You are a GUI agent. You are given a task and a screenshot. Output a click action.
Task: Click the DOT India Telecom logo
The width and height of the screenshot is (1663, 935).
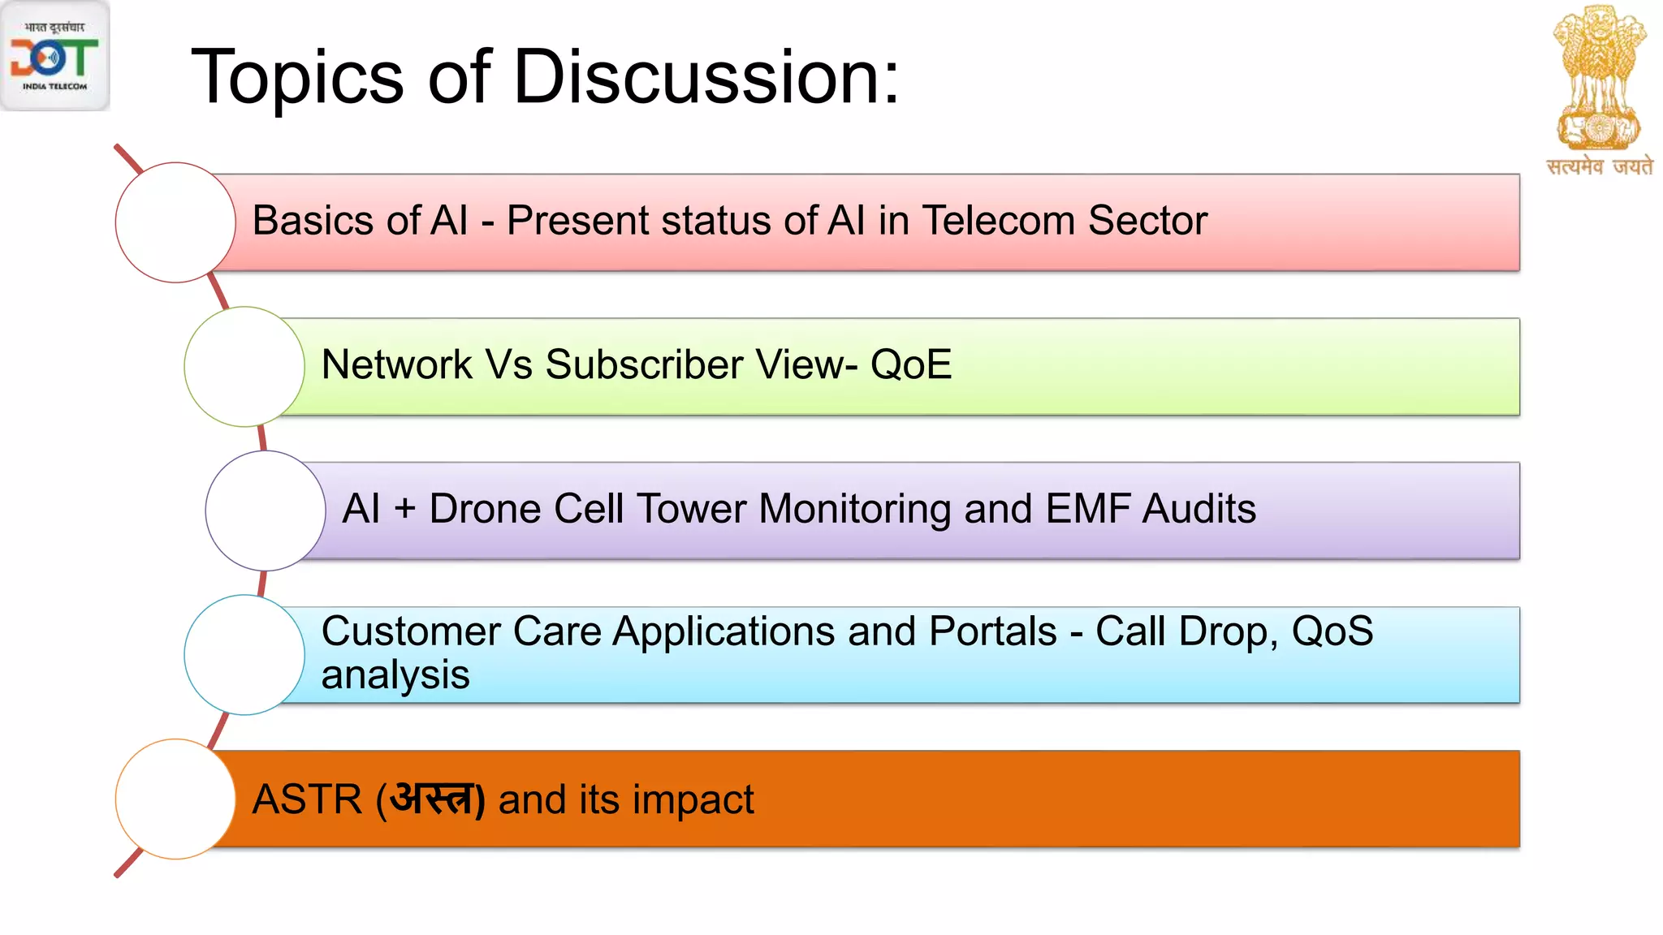coord(54,56)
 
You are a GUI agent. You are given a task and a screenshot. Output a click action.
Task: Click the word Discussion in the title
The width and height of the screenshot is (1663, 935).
coord(706,77)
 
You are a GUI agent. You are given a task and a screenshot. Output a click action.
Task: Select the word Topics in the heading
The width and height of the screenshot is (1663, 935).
coord(297,77)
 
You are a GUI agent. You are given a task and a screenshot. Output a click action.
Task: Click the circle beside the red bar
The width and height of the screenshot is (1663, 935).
coord(175,222)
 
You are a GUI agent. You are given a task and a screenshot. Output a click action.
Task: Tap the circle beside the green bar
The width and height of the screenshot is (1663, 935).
coord(244,367)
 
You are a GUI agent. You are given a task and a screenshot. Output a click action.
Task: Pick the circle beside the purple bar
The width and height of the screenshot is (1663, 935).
coord(266,511)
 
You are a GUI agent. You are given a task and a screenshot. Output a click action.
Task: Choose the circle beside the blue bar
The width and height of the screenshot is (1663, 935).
coord(244,655)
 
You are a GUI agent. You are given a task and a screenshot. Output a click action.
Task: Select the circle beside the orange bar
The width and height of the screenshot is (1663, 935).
coord(175,799)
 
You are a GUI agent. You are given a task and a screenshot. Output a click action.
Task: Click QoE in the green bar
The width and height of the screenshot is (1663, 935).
coord(910,364)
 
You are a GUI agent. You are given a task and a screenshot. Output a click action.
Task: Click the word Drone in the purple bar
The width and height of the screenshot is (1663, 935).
coord(485,509)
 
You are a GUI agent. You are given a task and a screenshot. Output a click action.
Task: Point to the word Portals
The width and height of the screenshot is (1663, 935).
coord(992,631)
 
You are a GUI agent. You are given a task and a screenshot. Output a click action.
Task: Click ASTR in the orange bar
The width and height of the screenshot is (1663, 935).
coord(307,799)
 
